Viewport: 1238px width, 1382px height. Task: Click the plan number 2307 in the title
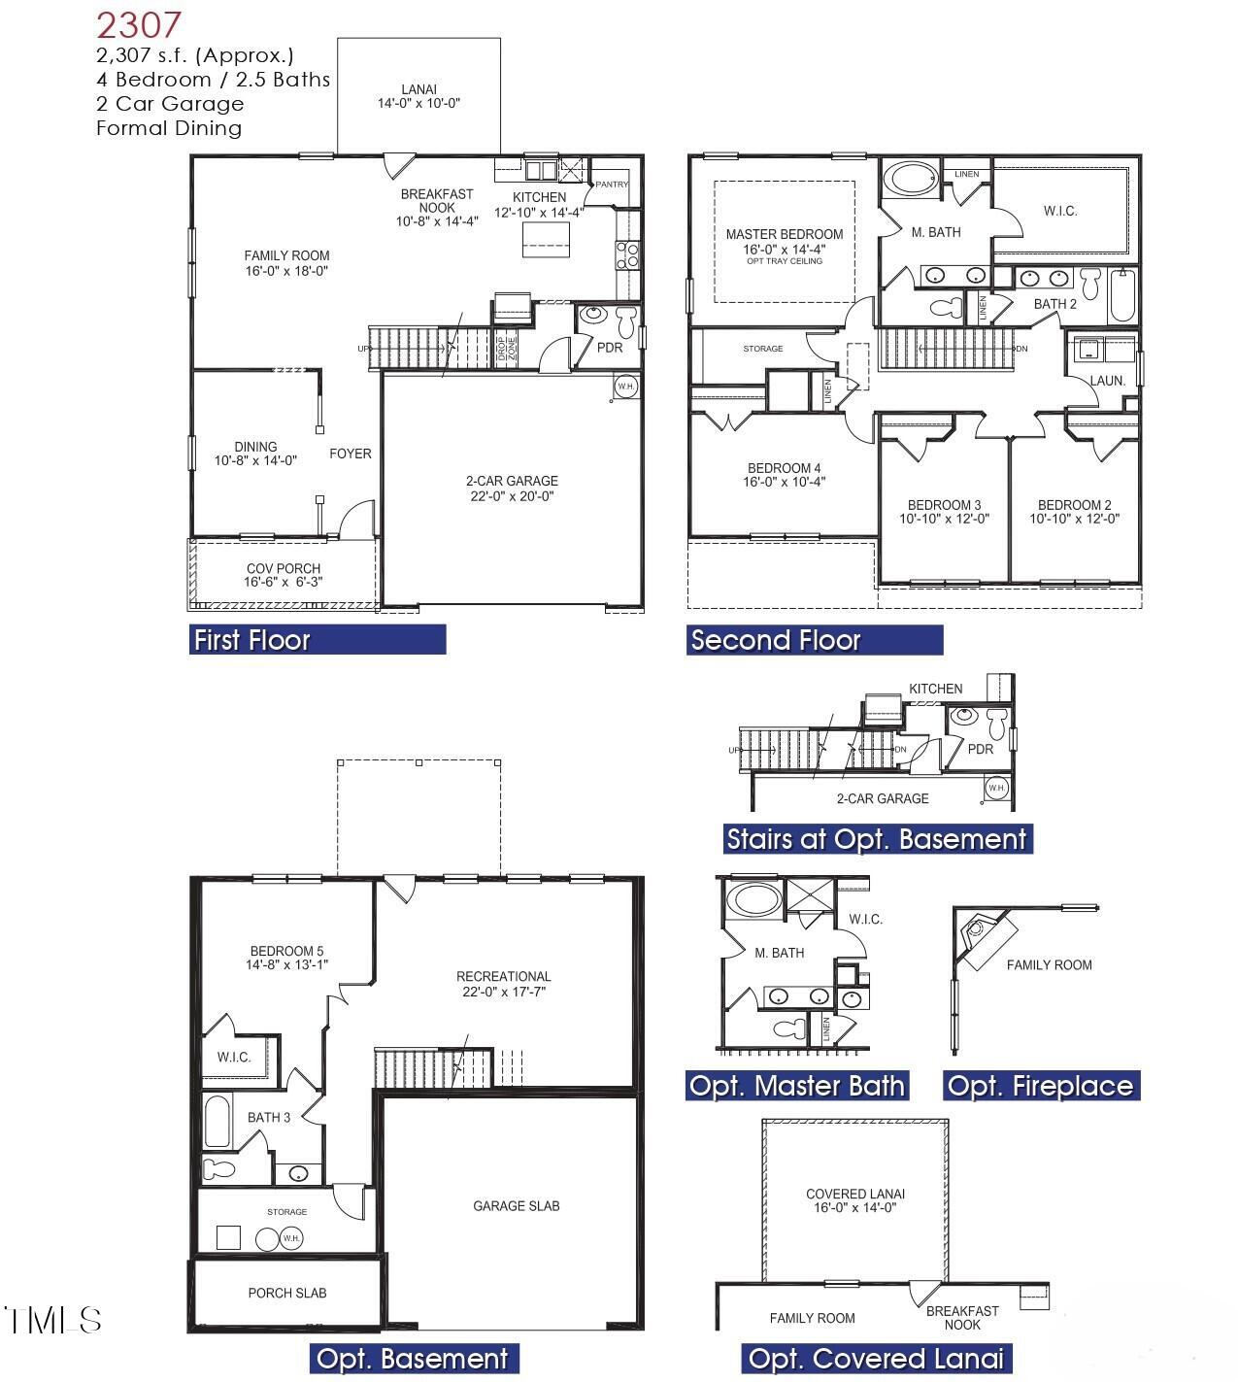[x=138, y=24]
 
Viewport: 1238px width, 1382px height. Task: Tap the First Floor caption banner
[x=317, y=639]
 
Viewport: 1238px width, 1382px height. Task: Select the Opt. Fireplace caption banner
[x=1040, y=1085]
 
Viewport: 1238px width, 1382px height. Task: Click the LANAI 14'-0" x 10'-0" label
[x=418, y=96]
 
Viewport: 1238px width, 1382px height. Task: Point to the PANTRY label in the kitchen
[x=612, y=185]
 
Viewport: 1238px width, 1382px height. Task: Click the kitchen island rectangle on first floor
[x=546, y=239]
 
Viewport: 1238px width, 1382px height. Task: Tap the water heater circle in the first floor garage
[x=625, y=386]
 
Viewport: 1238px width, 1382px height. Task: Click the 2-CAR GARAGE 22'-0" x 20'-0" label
[x=512, y=489]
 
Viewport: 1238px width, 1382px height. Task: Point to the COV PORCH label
[x=283, y=575]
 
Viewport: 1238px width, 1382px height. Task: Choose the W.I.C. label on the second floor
[x=1059, y=211]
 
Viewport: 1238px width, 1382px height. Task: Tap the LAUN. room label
[x=1107, y=381]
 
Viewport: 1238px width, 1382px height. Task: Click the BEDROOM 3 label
[x=944, y=511]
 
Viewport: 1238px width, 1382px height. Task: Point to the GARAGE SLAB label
[x=516, y=1206]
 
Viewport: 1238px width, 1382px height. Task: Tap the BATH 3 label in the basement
[x=268, y=1118]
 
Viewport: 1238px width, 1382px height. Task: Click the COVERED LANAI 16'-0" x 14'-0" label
[x=854, y=1200]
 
